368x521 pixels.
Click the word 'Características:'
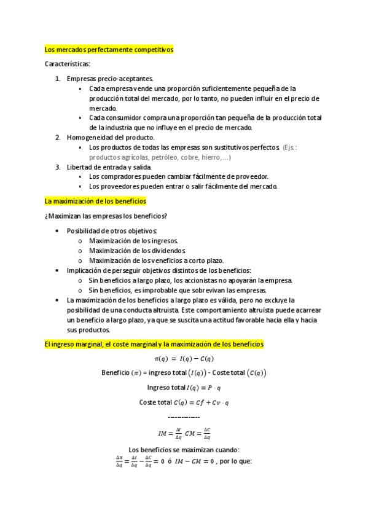[x=68, y=64]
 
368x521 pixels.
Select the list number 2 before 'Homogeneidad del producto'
[x=58, y=138]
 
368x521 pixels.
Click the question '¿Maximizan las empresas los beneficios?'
[x=106, y=216]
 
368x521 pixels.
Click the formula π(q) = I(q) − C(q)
[x=184, y=359]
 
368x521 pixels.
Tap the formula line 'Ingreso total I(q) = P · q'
[x=184, y=387]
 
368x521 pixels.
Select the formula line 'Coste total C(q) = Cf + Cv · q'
[x=184, y=402]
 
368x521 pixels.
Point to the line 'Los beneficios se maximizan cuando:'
[x=184, y=449]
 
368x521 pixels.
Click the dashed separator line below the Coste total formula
[x=184, y=417]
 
